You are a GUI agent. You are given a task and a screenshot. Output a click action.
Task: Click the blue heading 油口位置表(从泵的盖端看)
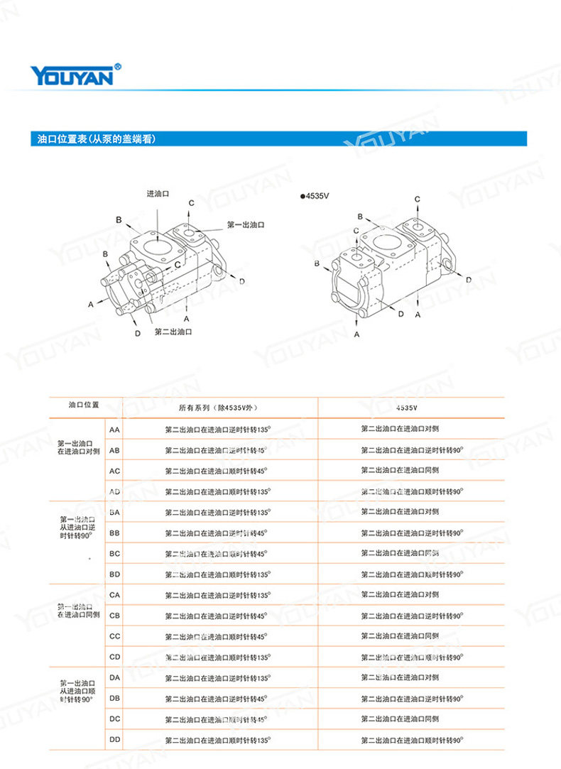pyautogui.click(x=96, y=139)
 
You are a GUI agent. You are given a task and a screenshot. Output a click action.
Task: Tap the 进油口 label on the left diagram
pyautogui.click(x=158, y=194)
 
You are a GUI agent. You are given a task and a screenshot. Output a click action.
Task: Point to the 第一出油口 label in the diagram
pyautogui.click(x=246, y=224)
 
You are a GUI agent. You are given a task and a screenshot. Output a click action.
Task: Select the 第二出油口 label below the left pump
pyautogui.click(x=174, y=331)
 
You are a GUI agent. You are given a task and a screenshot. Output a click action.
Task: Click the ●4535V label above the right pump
pyautogui.click(x=315, y=195)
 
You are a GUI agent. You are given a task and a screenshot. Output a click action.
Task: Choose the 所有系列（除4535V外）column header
pyautogui.click(x=217, y=408)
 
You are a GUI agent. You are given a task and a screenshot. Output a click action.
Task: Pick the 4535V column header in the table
pyautogui.click(x=407, y=408)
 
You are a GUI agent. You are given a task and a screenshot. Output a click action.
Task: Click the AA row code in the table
pyautogui.click(x=114, y=430)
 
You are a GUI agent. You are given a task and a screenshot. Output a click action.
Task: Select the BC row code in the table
pyautogui.click(x=114, y=553)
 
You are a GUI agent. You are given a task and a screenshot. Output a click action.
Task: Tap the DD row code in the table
pyautogui.click(x=114, y=740)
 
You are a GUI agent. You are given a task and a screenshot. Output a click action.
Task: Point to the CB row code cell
pyautogui.click(x=114, y=616)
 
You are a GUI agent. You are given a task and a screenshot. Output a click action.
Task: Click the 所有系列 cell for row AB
pyautogui.click(x=216, y=450)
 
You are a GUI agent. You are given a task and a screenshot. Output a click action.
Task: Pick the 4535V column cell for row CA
pyautogui.click(x=400, y=594)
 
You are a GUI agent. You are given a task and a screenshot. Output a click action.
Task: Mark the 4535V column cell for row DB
pyautogui.click(x=412, y=699)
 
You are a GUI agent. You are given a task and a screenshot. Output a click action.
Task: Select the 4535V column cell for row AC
pyautogui.click(x=400, y=470)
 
